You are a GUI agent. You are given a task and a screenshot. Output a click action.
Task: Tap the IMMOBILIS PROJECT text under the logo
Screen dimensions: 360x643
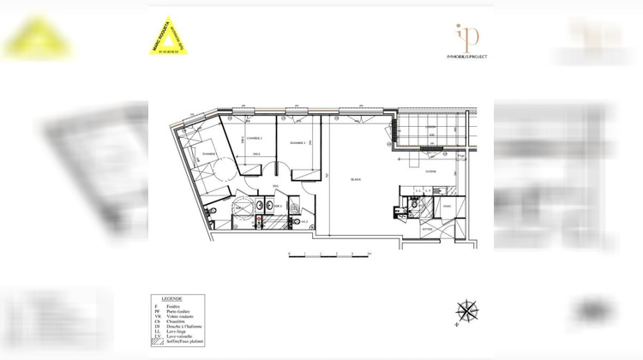467,57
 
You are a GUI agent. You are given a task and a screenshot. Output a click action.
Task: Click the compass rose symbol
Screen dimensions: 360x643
467,309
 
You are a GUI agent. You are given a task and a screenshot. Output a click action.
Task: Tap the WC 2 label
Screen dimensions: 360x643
304,220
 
